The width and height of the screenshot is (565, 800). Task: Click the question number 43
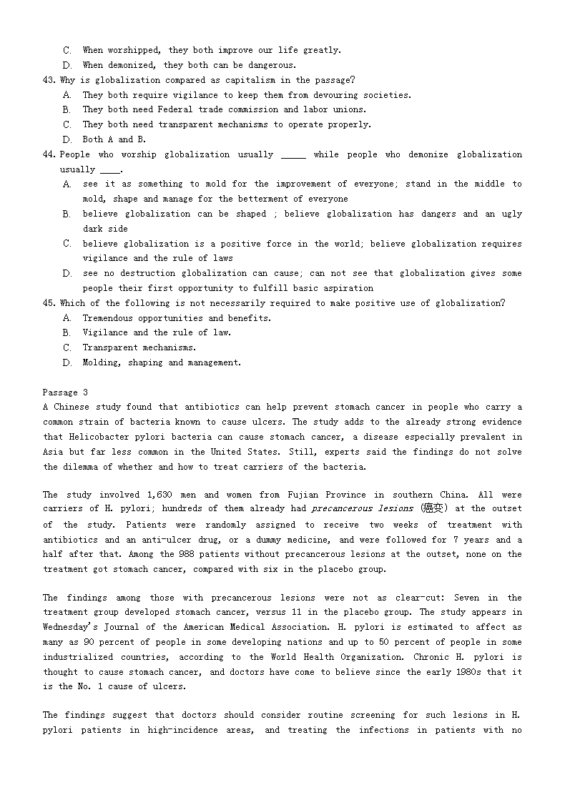point(49,80)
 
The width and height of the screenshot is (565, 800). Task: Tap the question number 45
point(49,303)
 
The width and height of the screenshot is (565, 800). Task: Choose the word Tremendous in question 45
point(108,318)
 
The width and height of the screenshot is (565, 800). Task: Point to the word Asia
point(54,452)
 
